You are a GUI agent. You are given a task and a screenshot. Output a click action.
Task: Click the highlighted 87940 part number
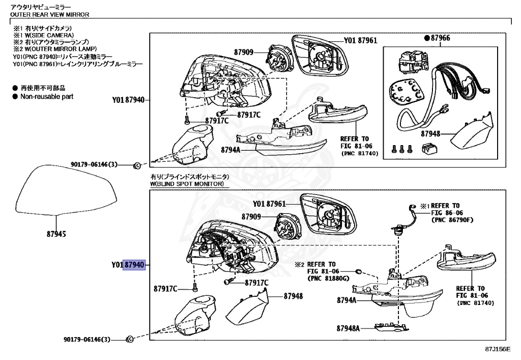pyautogui.click(x=135, y=265)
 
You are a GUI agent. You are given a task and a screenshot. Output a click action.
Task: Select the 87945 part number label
pyautogui.click(x=57, y=235)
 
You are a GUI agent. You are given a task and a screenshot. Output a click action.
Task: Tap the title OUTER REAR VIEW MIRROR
pyautogui.click(x=50, y=14)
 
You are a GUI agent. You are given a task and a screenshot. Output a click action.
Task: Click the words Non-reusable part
pyautogui.click(x=47, y=96)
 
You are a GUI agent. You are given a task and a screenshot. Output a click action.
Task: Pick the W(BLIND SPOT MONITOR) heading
pyautogui.click(x=186, y=183)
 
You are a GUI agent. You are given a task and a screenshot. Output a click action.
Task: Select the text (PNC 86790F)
pyautogui.click(x=452, y=220)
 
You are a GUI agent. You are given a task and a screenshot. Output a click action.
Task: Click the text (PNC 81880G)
pyautogui.click(x=329, y=279)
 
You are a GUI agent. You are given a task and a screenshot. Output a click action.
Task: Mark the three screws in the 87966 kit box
pyautogui.click(x=401, y=149)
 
